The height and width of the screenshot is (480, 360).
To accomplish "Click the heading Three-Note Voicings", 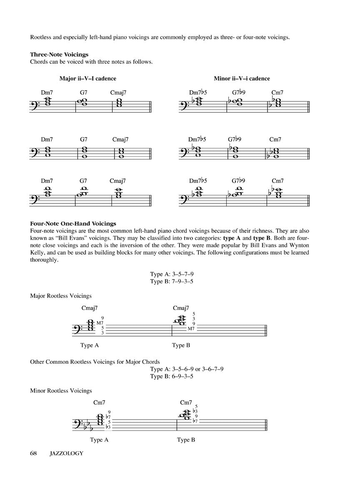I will pyautogui.click(x=59, y=55).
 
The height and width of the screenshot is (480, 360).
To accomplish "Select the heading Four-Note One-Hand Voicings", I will pyautogui.click(x=73, y=224).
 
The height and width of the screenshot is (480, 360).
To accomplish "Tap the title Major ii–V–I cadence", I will pyautogui.click(x=87, y=78).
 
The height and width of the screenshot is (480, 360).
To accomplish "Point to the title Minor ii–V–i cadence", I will pyautogui.click(x=242, y=78).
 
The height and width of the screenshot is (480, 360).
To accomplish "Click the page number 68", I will pyautogui.click(x=34, y=453).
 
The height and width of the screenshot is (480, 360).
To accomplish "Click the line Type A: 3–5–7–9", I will pyautogui.click(x=171, y=274).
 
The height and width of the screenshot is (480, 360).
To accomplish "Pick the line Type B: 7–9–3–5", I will pyautogui.click(x=171, y=281).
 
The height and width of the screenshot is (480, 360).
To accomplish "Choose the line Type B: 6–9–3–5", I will pyautogui.click(x=171, y=376).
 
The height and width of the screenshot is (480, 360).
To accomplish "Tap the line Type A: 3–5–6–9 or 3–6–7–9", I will pyautogui.click(x=187, y=369).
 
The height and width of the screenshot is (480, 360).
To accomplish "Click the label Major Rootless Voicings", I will pyautogui.click(x=61, y=296).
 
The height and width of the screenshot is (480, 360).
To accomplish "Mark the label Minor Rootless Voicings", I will pyautogui.click(x=61, y=391).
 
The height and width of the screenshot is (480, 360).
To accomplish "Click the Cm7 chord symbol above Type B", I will pyautogui.click(x=186, y=402).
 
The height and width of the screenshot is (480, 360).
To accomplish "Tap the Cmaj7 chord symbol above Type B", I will pyautogui.click(x=181, y=308).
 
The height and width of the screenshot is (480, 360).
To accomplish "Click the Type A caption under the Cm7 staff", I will pyautogui.click(x=99, y=440).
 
